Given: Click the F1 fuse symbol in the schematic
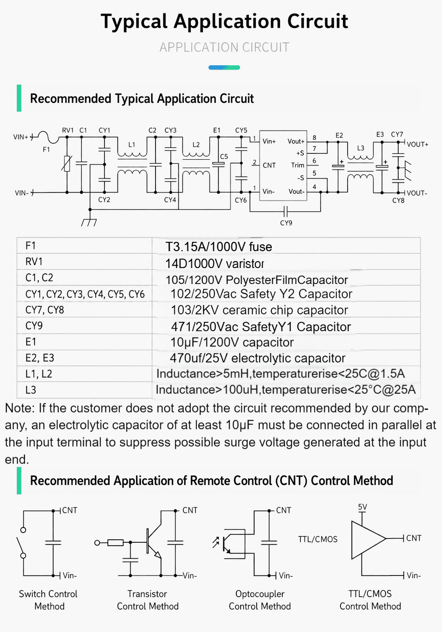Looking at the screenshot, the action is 48,137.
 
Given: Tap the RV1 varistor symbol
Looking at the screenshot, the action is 67,163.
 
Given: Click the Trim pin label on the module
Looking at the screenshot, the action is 297,165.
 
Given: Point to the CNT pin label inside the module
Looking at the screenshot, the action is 269,165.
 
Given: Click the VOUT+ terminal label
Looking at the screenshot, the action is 418,145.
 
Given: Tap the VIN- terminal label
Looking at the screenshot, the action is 22,193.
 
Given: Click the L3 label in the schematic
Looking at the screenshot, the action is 361,148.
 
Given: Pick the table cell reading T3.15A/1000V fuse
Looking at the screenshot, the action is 219,246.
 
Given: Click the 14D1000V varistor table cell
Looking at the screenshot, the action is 214,263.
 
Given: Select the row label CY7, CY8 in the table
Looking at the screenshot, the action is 45,310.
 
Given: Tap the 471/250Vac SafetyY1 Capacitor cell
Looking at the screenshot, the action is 261,327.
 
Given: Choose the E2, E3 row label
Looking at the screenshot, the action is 40,358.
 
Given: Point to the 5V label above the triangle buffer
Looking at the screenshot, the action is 362,507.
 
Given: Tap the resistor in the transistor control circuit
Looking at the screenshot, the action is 115,543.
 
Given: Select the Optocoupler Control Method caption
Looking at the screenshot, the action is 260,600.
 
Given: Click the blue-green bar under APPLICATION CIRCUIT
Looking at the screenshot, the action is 224,67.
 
